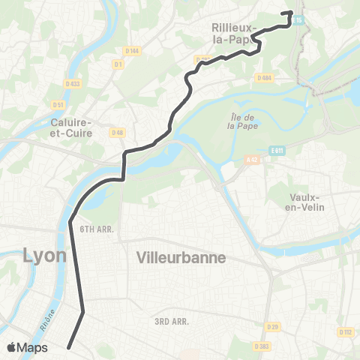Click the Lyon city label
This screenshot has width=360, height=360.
pyautogui.click(x=45, y=255)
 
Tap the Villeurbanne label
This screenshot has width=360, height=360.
pyautogui.click(x=181, y=257)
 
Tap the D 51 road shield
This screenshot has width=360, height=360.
pyautogui.click(x=58, y=104)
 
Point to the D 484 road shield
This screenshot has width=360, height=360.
pyautogui.click(x=263, y=78)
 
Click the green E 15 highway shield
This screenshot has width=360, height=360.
pyautogui.click(x=298, y=20)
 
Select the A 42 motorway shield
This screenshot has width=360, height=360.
pyautogui.click(x=252, y=160)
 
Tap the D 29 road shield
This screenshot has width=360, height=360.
pyautogui.click(x=273, y=328)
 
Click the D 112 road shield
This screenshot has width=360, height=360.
pyautogui.click(x=346, y=331)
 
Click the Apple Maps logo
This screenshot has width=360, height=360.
pyautogui.click(x=27, y=348)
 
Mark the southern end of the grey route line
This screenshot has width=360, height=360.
pyautogui.click(x=69, y=347)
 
